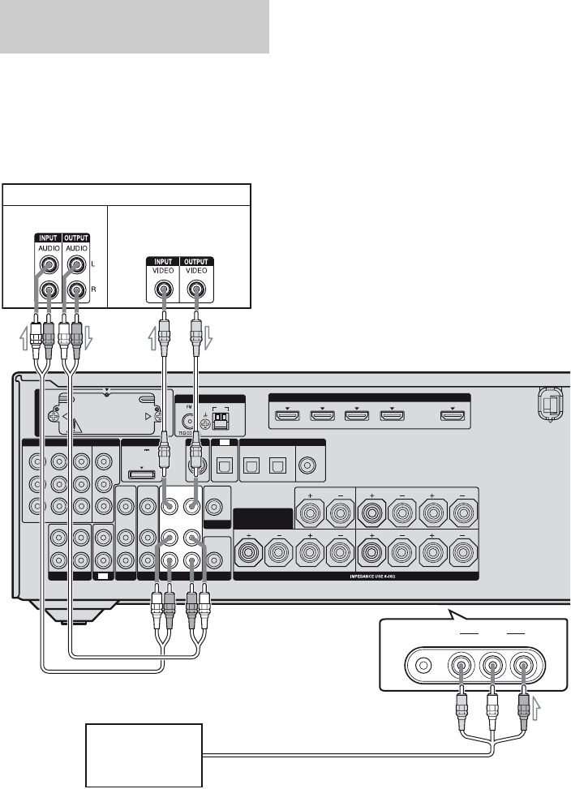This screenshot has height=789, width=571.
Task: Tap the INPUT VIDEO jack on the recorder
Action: [163, 289]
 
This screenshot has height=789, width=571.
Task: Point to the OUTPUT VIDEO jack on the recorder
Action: [195, 289]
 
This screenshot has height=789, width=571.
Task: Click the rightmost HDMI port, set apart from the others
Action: [452, 417]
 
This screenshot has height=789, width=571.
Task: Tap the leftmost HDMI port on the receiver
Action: [284, 417]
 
